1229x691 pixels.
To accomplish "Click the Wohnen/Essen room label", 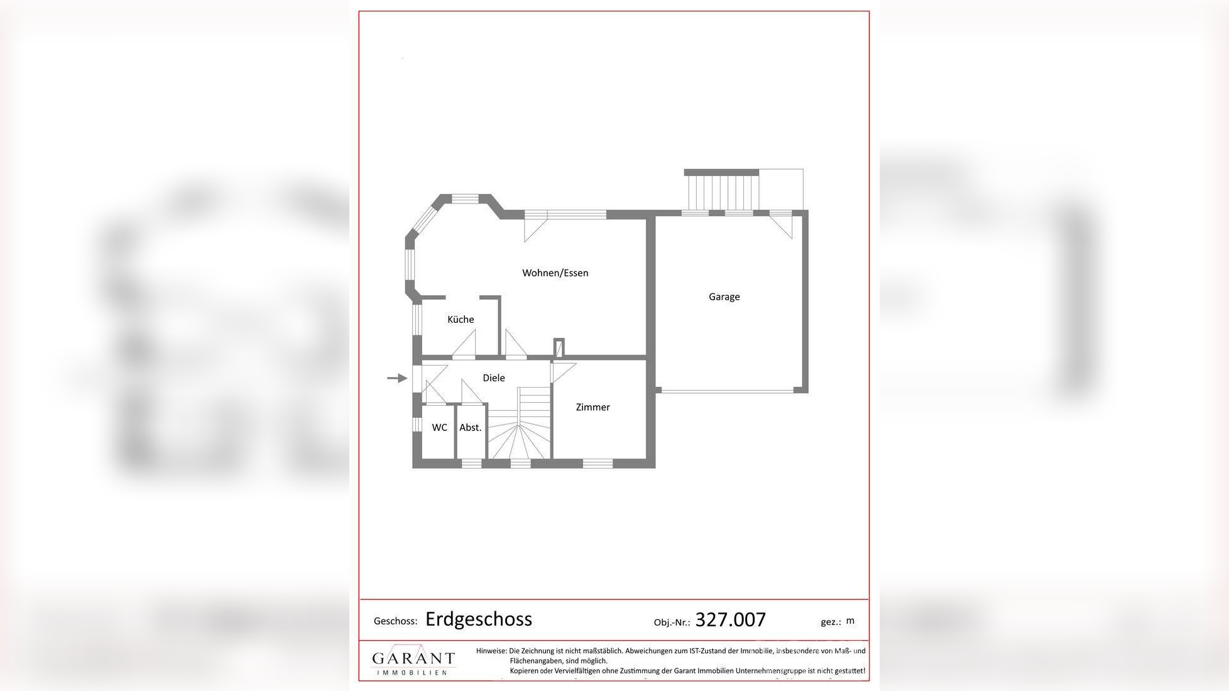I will point(555,273).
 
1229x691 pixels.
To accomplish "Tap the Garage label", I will point(724,297).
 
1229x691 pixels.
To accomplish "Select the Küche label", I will point(461,319).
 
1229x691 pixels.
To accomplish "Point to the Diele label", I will point(493,378).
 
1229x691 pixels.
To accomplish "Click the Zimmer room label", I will point(593,407).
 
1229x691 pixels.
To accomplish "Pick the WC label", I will point(439,427).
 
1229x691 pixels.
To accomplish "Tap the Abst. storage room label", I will point(470,427).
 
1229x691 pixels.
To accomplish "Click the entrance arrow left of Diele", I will point(396,378).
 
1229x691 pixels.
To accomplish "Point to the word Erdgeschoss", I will point(479,619).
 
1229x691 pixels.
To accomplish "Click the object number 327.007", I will point(730,620).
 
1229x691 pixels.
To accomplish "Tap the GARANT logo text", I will point(413,658).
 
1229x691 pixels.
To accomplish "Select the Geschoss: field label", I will point(395,621).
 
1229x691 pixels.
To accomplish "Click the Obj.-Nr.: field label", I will point(672,623).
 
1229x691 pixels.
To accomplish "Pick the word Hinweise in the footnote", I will point(490,651).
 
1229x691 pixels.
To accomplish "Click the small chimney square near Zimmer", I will point(559,347).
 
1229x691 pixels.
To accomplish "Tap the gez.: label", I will point(831,622).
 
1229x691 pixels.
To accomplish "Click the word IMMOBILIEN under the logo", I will point(412,672).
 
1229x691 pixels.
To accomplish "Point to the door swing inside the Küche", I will point(466,345).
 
